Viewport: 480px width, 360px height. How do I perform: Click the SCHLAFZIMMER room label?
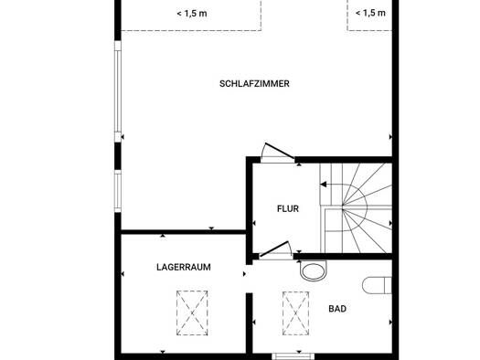pos(254,84)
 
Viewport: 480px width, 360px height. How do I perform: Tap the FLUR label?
pos(288,209)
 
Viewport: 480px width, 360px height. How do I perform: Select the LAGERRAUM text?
pos(184,267)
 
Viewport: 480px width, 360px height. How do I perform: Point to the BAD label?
pos(337,309)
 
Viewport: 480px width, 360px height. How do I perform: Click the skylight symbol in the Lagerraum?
pos(192,312)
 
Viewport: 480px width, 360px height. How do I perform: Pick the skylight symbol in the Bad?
pos(295,313)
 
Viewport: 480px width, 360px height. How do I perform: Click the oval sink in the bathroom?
pos(314,270)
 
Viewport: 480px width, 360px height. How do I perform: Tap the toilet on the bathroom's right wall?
pos(377,285)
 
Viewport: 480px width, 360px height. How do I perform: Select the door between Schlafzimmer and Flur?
pos(278,152)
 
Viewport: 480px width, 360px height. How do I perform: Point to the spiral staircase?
pos(356,208)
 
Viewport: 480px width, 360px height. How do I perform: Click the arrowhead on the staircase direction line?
pos(323,185)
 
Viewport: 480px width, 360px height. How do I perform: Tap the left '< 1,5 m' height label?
pos(192,14)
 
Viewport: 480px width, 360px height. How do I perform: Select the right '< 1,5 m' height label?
pos(370,13)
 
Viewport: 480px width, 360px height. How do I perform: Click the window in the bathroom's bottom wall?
pos(293,356)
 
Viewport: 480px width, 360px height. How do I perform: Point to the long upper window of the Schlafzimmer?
pos(118,91)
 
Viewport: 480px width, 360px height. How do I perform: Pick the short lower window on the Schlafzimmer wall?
pos(118,191)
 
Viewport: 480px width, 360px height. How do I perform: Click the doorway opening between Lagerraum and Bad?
pos(250,279)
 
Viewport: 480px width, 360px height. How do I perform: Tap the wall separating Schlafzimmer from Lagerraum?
pos(184,232)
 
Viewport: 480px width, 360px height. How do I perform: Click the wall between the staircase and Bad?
pos(343,257)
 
